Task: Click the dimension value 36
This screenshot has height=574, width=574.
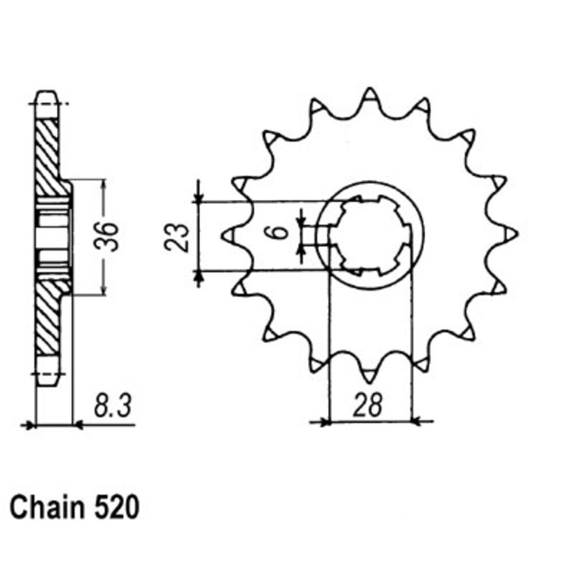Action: [107, 236]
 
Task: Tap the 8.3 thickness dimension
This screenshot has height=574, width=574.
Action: [113, 406]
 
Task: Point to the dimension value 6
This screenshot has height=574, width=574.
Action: [281, 232]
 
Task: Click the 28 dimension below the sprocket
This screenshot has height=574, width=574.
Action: [368, 405]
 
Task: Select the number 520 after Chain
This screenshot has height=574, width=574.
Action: [117, 508]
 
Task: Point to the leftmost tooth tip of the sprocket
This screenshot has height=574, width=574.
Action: [223, 235]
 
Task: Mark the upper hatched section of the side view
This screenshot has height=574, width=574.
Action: [50, 157]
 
